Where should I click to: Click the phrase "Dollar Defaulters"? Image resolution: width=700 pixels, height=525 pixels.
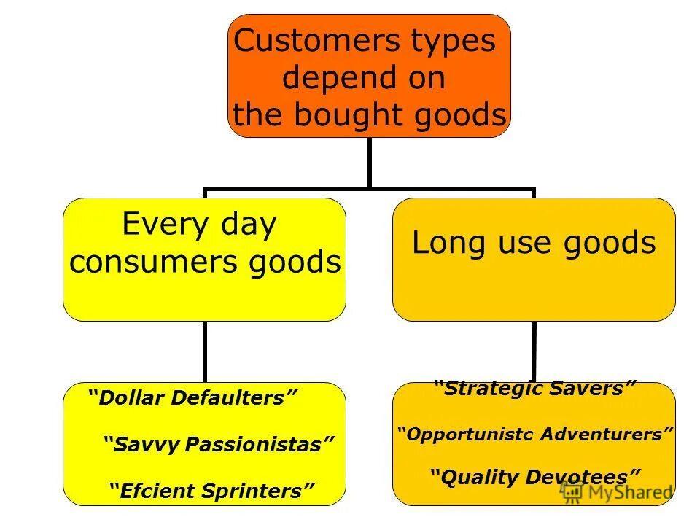coord(193,398)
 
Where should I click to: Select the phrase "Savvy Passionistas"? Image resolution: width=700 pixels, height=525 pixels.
coord(219,444)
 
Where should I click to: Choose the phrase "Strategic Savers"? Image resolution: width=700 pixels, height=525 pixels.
coord(535,388)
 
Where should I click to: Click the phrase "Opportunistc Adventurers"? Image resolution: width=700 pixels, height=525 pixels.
coord(535,435)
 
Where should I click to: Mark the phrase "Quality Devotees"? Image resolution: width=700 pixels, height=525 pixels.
coord(535,478)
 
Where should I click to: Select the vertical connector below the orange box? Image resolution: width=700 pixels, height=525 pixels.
coord(369,162)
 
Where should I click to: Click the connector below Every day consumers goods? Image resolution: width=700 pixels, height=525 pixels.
coord(204,351)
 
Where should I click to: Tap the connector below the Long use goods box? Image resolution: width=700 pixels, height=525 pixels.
coord(534,351)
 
